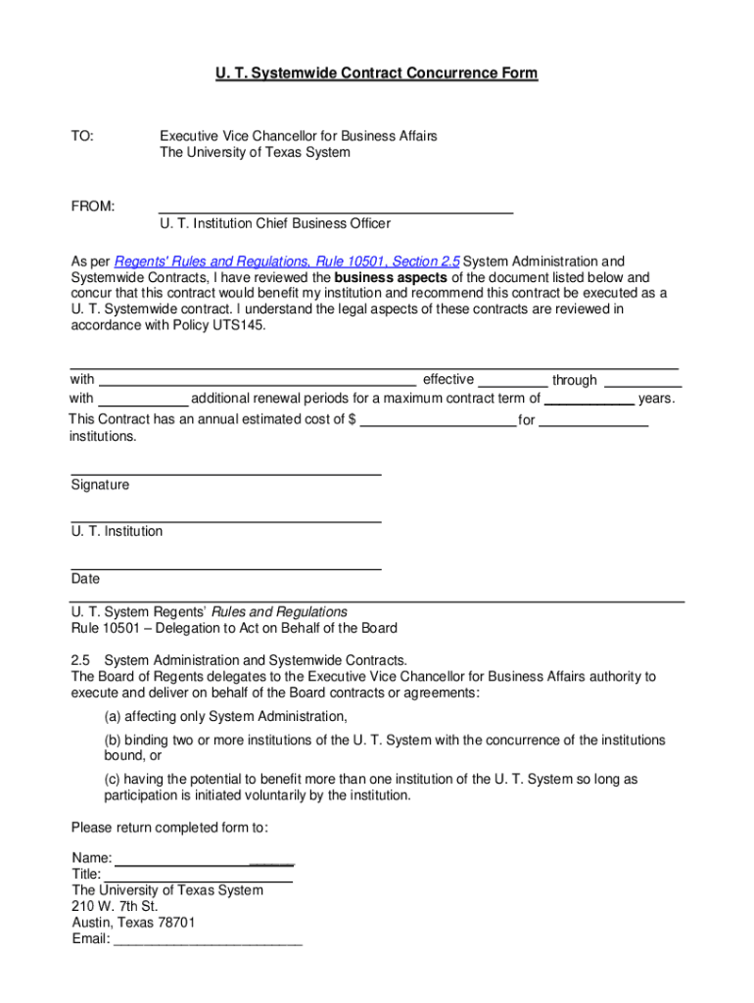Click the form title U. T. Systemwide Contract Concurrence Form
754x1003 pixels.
tap(377, 73)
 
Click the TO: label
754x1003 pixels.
tap(82, 136)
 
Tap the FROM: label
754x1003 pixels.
tap(93, 207)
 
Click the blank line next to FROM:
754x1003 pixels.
tap(336, 210)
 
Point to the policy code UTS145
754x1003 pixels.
tap(238, 325)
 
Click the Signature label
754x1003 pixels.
tap(100, 485)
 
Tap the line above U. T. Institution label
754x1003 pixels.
tap(226, 520)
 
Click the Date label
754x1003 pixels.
tap(85, 579)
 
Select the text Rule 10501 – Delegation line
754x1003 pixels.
tap(234, 628)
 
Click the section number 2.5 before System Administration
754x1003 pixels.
tap(81, 660)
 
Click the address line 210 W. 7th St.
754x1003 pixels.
tap(115, 906)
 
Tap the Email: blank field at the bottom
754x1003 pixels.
tap(208, 941)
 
